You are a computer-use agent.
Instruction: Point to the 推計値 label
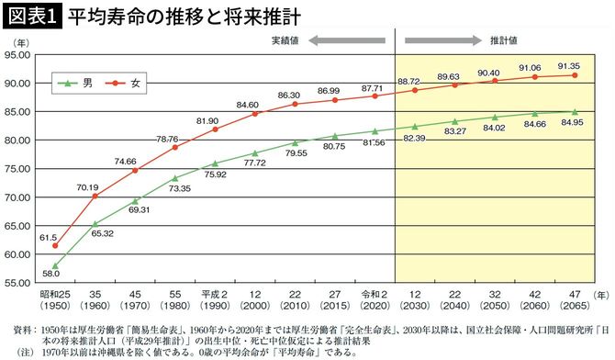[504, 40]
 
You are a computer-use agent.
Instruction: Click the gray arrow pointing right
[443, 40]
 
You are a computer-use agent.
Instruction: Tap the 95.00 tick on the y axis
[17, 55]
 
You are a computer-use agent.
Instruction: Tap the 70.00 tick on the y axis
[17, 197]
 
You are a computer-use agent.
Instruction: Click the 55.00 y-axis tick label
[17, 283]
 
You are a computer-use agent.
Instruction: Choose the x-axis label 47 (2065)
[575, 301]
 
